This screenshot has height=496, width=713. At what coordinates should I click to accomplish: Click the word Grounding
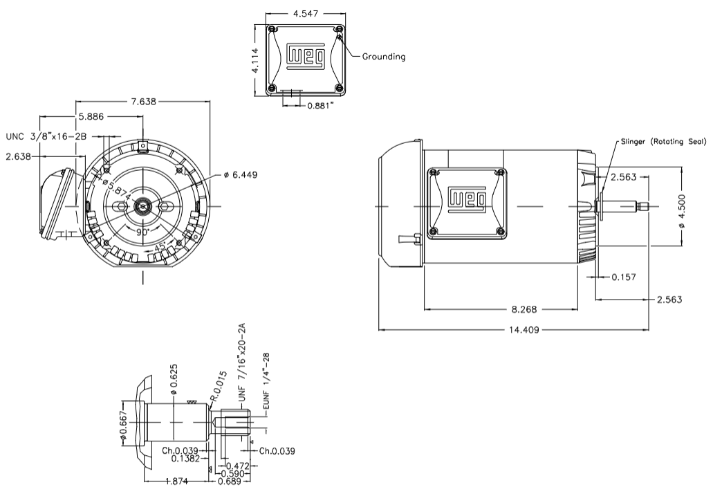pos(384,57)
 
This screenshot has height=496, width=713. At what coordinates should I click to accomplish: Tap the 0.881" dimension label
pos(319,105)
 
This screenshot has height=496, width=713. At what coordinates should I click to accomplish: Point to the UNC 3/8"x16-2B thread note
pos(46,136)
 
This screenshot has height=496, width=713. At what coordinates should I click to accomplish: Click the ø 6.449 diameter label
pos(241,175)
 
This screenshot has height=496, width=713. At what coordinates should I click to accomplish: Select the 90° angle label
pos(143,233)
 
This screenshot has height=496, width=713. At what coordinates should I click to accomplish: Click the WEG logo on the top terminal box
pos(306,57)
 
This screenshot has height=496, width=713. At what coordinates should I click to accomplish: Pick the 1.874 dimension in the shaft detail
pos(175,482)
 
